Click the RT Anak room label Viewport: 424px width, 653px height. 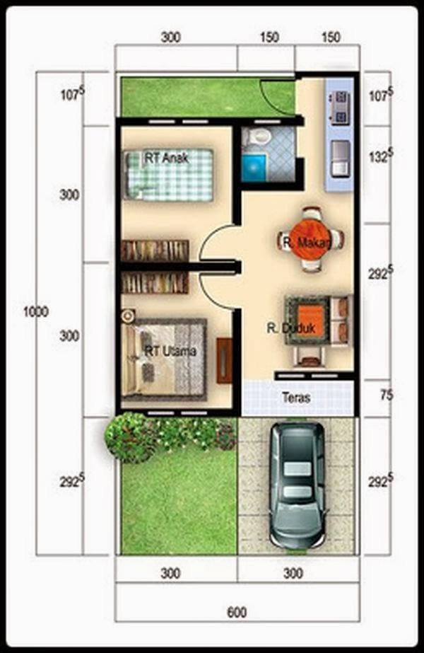click(x=167, y=159)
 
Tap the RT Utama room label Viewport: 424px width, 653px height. click(x=170, y=351)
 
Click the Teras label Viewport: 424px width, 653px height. click(x=295, y=398)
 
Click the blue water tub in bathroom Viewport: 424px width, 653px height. click(x=252, y=169)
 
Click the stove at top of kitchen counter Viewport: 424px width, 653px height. click(x=338, y=106)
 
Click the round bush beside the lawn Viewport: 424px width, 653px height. click(x=129, y=437)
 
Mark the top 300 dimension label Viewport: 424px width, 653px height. click(x=170, y=37)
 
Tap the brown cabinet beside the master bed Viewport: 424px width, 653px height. click(x=224, y=360)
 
